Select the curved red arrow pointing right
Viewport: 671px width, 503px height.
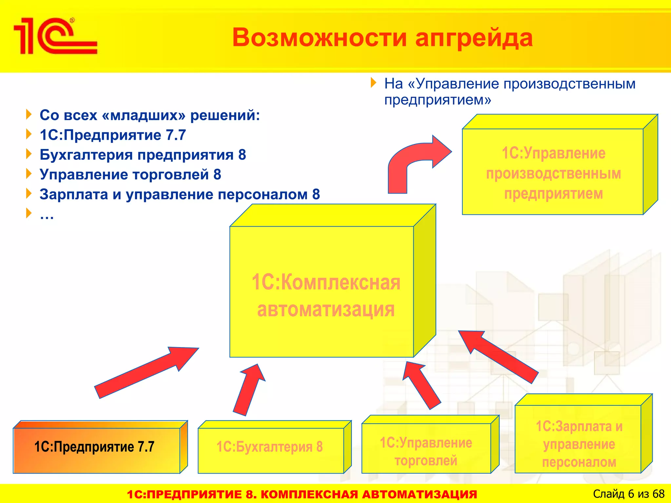click(416, 160)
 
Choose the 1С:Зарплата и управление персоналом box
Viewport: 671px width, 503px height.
click(578, 439)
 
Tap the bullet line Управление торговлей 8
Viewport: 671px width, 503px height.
click(130, 175)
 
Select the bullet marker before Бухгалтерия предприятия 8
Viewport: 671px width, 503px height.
click(29, 154)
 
